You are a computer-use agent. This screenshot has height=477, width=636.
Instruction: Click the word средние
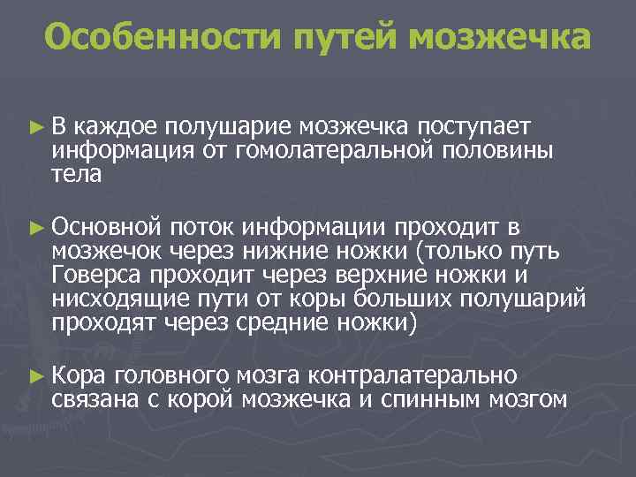click(284, 322)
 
